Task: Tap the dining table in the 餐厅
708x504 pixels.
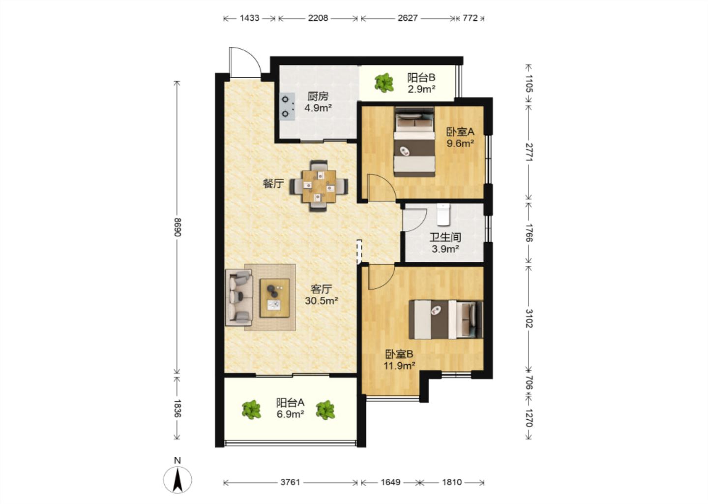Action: click(319, 187)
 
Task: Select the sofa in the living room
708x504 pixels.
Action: click(239, 298)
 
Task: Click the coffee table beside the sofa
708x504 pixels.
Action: click(274, 298)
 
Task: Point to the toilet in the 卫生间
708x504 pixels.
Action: click(443, 214)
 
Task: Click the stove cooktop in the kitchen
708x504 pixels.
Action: click(287, 106)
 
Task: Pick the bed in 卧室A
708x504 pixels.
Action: click(414, 142)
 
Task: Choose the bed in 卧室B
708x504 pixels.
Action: click(446, 319)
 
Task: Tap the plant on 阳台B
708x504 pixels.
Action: click(384, 83)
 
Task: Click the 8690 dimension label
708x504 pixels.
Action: click(177, 227)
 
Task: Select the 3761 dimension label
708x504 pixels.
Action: click(290, 482)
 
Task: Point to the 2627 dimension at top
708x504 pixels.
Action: click(408, 18)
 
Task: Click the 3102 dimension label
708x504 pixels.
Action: click(529, 318)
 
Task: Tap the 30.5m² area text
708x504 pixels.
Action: click(322, 301)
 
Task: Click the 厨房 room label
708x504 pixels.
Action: click(318, 96)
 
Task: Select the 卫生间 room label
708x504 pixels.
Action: click(445, 237)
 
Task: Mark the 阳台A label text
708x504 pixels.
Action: click(290, 403)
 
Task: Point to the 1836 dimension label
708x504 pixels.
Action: click(177, 408)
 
